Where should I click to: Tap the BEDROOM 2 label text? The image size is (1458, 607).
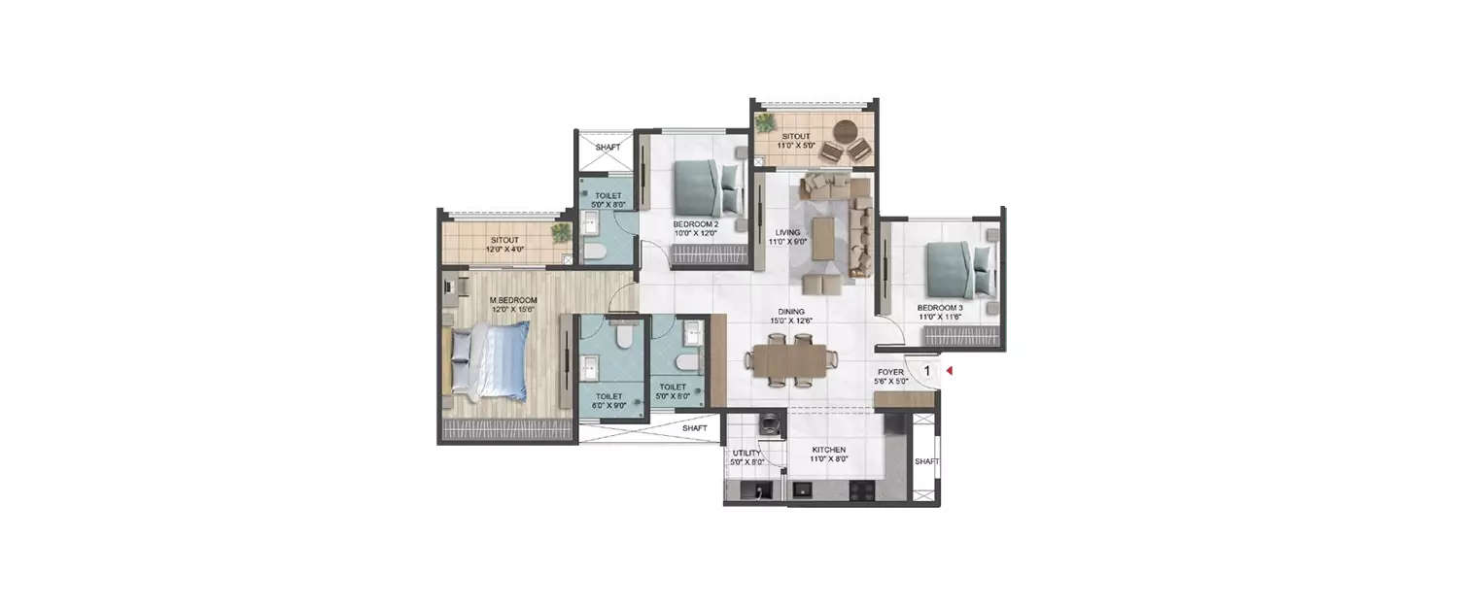[x=695, y=223]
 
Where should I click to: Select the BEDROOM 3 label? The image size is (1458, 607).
[x=940, y=308]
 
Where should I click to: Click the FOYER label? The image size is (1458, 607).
[x=890, y=372]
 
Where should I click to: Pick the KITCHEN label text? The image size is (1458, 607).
[x=829, y=450]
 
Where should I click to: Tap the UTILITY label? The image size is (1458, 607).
[x=746, y=453]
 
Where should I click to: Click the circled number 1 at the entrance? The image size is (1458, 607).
[x=926, y=370]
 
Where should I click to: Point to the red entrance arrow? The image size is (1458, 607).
[x=952, y=370]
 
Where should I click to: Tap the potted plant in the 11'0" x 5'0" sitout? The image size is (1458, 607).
[x=766, y=123]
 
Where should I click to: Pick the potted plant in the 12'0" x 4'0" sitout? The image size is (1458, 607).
[x=561, y=232]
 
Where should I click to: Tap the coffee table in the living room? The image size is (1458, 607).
[x=823, y=238]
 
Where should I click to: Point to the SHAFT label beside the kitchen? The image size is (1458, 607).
[x=926, y=461]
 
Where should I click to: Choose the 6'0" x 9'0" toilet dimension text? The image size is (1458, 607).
[x=609, y=407]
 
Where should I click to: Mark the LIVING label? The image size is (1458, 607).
[x=787, y=233]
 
